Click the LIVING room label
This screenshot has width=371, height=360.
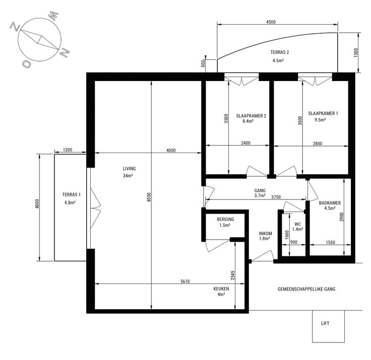click(129, 169)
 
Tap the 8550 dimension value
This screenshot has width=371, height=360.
click(149, 197)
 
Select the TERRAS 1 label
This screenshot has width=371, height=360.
click(71, 194)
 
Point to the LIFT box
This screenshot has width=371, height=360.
click(328, 326)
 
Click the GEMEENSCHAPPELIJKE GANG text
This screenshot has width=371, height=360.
click(306, 289)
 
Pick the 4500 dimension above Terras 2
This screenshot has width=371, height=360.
click(271, 22)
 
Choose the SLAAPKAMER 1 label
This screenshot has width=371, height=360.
click(323, 113)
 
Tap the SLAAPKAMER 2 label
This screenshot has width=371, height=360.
click(251, 116)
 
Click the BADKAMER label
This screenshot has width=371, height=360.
click(330, 203)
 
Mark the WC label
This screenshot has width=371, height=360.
click(297, 224)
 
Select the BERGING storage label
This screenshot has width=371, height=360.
click(225, 220)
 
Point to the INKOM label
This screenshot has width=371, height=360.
click(265, 233)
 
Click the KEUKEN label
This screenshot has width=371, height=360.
click(221, 289)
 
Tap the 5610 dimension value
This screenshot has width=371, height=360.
click(185, 281)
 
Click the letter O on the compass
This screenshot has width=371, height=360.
click(27, 64)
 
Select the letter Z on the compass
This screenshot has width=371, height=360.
click(15, 27)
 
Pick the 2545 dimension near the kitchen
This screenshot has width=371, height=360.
click(232, 275)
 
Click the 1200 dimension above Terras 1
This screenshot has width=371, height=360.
click(68, 150)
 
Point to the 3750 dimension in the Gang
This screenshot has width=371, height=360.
click(276, 197)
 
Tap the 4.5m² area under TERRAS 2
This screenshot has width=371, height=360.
click(278, 60)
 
